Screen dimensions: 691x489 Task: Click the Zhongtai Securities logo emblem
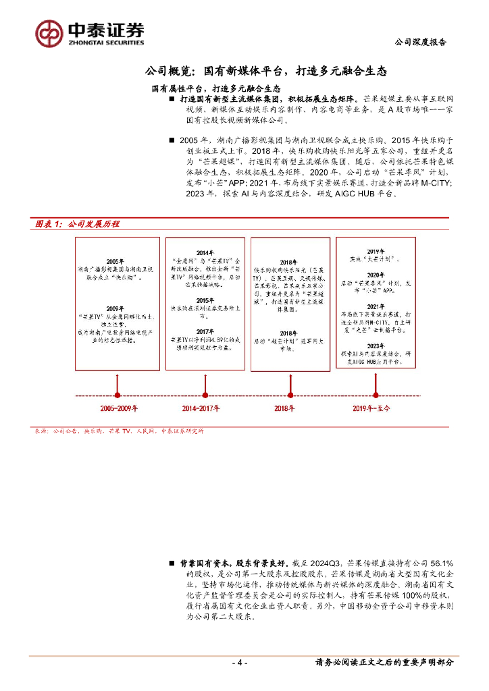(x=50, y=32)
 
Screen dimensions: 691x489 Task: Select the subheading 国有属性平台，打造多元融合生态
(x=215, y=89)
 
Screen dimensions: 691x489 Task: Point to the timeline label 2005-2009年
(x=119, y=408)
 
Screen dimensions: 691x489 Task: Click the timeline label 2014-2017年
(x=202, y=408)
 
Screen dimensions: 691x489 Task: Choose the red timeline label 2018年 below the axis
(x=284, y=408)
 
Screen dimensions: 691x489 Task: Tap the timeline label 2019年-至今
(x=371, y=408)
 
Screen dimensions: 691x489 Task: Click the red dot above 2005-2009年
(x=118, y=395)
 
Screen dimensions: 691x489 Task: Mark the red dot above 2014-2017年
(x=202, y=395)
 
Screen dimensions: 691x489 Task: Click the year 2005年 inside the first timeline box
(x=115, y=261)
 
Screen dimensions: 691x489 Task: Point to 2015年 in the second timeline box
(x=205, y=300)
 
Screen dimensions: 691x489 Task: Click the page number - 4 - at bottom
(x=240, y=663)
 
